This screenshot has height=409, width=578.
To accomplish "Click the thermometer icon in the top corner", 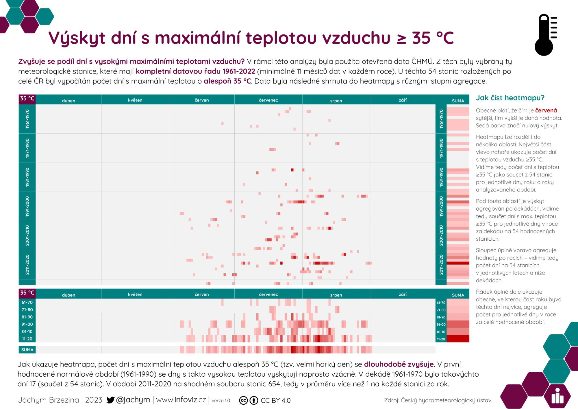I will click(x=545, y=35).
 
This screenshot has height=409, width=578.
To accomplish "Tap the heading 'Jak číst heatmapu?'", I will click(x=510, y=98).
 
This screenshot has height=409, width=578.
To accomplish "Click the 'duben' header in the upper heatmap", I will click(x=68, y=101).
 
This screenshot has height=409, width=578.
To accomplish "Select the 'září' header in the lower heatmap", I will click(x=403, y=294).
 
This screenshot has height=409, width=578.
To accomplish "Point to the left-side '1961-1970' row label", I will click(x=27, y=119).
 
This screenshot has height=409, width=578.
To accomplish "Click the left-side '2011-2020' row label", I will click(x=27, y=264).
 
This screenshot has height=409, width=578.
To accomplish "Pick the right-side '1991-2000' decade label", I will click(x=441, y=206).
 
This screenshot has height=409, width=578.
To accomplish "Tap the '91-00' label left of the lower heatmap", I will click(x=27, y=324).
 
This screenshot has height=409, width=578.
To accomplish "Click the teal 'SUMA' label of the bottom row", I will click(x=27, y=350).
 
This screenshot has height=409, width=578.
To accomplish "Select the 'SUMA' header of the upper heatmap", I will click(x=458, y=101).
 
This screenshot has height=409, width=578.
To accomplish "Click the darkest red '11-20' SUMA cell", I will click(x=458, y=339).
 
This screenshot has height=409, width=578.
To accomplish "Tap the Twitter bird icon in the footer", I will click(x=110, y=400).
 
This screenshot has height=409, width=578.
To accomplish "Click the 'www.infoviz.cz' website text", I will click(x=181, y=400).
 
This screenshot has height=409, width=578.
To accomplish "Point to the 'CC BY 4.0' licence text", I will click(x=275, y=401).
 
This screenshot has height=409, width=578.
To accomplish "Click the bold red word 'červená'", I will click(x=546, y=110).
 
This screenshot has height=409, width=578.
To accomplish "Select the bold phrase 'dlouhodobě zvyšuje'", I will click(x=399, y=364).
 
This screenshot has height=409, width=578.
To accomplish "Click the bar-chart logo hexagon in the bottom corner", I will click(x=557, y=396).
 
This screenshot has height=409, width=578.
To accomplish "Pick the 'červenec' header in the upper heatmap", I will click(x=268, y=100).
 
